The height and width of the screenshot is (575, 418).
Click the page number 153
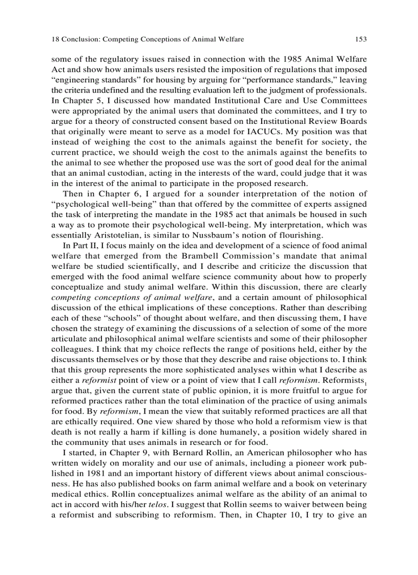pos(361,39)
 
